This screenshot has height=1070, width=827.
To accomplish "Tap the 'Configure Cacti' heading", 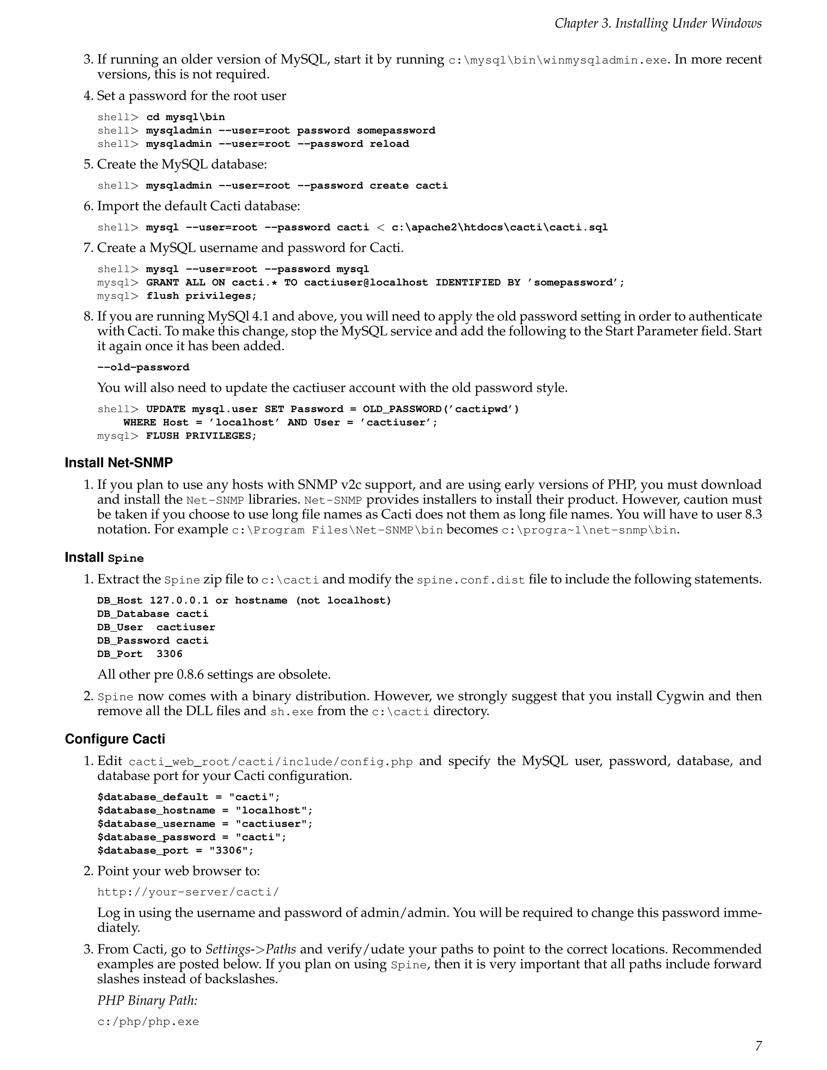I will [115, 739].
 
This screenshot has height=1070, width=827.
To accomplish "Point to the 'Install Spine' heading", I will [104, 558].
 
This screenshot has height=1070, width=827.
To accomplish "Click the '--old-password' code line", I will [143, 367].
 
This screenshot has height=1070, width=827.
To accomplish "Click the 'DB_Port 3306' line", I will [140, 654].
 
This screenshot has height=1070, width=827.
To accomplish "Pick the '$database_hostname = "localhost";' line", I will [205, 811].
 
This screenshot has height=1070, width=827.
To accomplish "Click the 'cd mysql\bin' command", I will [185, 117].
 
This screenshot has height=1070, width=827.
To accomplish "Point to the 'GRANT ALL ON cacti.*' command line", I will [384, 283].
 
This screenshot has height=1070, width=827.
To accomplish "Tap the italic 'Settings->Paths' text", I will [250, 950].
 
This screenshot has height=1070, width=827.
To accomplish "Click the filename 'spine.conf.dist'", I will [470, 580].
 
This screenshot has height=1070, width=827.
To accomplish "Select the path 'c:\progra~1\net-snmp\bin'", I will [589, 530].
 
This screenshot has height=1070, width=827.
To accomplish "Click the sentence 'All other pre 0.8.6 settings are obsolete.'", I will [214, 675].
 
